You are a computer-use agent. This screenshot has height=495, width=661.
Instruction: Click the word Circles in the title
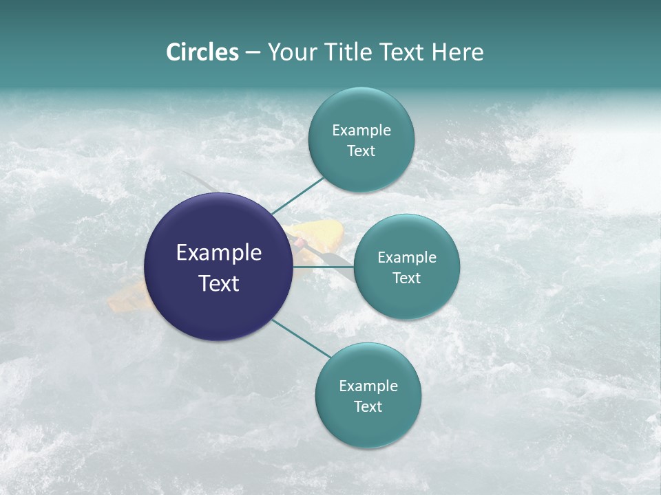(x=202, y=52)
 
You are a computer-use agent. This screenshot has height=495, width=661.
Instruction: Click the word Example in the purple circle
(x=219, y=253)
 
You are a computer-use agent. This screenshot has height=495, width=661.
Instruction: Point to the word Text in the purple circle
(x=219, y=283)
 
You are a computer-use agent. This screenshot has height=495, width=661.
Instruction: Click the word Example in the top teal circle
(x=361, y=131)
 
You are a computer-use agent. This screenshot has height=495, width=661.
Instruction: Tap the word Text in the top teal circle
(x=361, y=151)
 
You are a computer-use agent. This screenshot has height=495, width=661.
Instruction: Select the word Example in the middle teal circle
(x=407, y=258)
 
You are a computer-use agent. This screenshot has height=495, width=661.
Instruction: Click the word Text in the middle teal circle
(x=407, y=278)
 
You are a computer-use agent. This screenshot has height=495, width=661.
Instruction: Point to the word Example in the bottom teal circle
(x=368, y=386)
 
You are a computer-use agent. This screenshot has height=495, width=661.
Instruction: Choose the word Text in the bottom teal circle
(x=368, y=407)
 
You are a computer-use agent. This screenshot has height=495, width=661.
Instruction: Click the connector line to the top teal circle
(x=297, y=195)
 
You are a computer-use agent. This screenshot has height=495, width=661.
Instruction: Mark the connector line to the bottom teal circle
(x=302, y=338)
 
